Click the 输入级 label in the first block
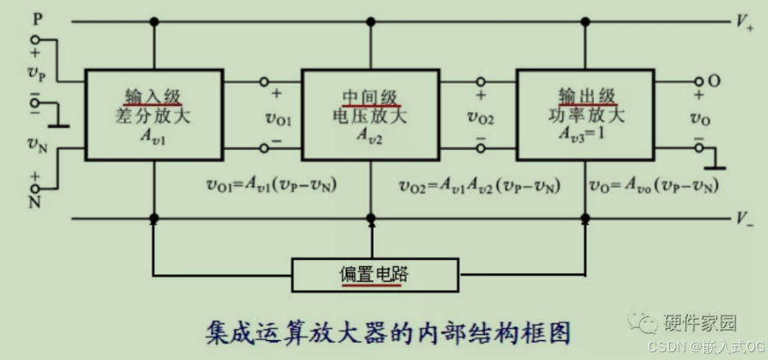coord(153,96)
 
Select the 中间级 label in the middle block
coord(369,96)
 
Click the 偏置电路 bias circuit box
coord(371,276)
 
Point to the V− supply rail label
coord(745,219)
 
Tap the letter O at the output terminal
coord(714,81)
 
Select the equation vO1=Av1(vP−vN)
coord(274,185)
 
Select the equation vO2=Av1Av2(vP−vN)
coord(480,185)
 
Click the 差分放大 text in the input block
coord(153,115)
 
